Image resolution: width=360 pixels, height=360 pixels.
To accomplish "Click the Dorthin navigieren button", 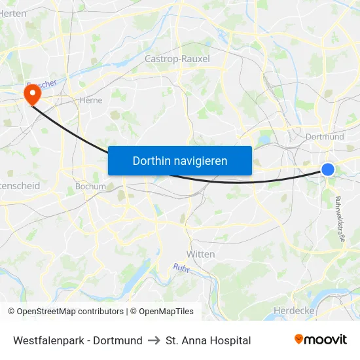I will [x=180, y=160].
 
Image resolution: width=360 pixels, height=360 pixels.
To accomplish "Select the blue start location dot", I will [x=328, y=170].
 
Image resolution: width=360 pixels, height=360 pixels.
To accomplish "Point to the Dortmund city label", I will [x=325, y=137].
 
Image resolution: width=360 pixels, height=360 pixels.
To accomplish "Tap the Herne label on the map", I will [x=90, y=101].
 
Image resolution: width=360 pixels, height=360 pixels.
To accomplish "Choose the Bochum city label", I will [x=90, y=186].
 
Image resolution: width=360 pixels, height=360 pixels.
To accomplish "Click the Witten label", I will [x=200, y=254].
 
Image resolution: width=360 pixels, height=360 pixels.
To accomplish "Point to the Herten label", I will [x=13, y=13].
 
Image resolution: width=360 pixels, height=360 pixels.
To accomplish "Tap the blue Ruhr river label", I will [x=181, y=267].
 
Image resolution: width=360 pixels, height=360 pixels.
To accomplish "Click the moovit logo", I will [x=321, y=340].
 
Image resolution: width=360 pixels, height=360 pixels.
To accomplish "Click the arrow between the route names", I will [x=154, y=340].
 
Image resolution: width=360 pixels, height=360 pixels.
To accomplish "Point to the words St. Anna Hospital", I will [x=208, y=340].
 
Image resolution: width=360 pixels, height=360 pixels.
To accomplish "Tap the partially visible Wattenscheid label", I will [x=20, y=186].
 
